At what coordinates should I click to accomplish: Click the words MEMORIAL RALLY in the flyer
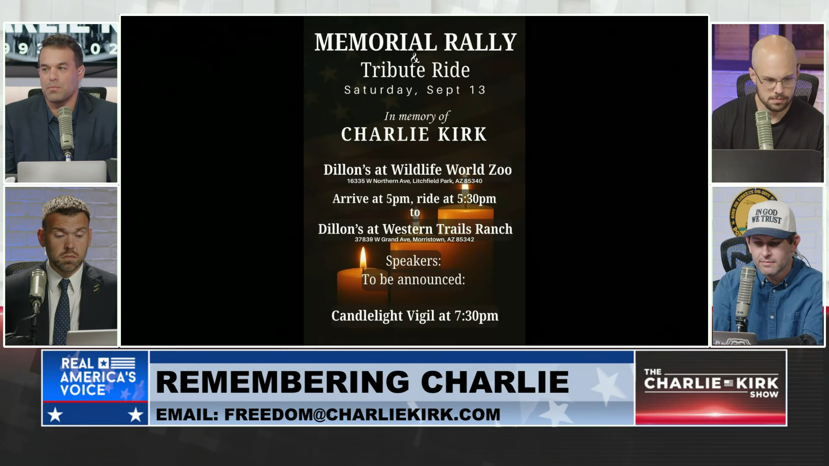415,42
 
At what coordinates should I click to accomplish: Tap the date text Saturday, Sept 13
415,90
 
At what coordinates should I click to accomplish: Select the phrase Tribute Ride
415,70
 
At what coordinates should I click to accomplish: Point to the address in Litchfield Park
414,181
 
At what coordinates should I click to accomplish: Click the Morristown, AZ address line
414,239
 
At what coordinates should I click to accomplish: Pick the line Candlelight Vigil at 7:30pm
415,316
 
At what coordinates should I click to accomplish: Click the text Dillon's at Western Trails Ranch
415,229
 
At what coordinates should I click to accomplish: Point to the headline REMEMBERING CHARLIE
362,382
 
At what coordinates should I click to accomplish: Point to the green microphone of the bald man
763,129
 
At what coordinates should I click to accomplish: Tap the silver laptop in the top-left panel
62,172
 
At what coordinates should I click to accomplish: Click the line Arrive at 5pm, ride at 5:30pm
414,199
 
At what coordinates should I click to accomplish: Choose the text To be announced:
414,280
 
